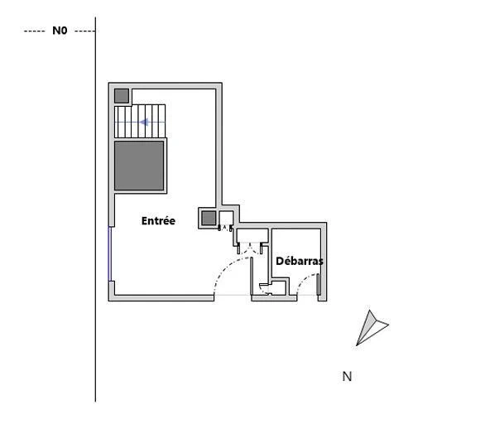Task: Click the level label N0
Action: pyautogui.click(x=60, y=31)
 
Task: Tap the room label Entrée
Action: pyautogui.click(x=158, y=221)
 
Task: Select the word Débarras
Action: pyautogui.click(x=300, y=261)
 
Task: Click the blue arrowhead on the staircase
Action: pyautogui.click(x=145, y=123)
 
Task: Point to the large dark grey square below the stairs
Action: pyautogui.click(x=139, y=166)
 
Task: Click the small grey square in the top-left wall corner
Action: pyautogui.click(x=122, y=96)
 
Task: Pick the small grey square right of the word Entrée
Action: pyautogui.click(x=209, y=219)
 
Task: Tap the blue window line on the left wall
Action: pyautogui.click(x=109, y=253)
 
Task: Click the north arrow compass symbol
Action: pyautogui.click(x=372, y=328)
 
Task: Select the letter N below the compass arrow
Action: pyautogui.click(x=347, y=377)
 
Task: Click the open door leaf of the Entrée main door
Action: pyautogui.click(x=252, y=276)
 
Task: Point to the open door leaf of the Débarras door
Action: pyautogui.click(x=319, y=284)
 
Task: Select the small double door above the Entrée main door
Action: pyautogui.click(x=250, y=248)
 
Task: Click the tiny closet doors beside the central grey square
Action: pyautogui.click(x=225, y=229)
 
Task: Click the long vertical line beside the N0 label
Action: pyautogui.click(x=95, y=209)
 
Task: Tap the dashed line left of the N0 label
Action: pyautogui.click(x=34, y=31)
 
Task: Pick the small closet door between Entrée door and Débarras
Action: pyautogui.click(x=266, y=289)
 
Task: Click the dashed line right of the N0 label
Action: pyautogui.click(x=84, y=31)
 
